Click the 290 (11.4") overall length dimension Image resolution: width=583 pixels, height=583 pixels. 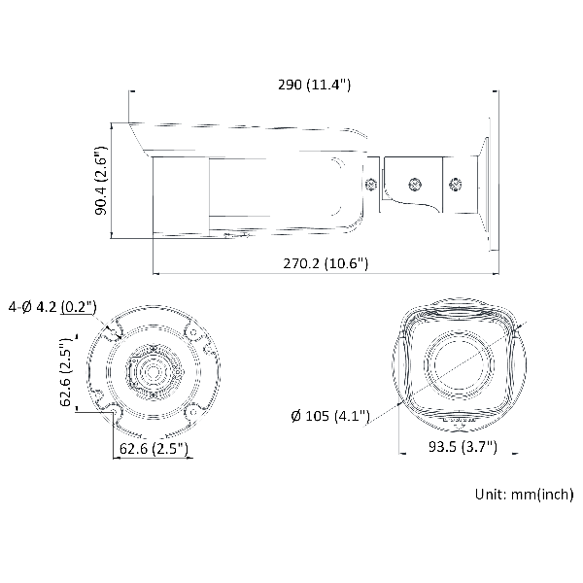(314, 85)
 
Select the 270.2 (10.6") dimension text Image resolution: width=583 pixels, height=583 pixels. (326, 263)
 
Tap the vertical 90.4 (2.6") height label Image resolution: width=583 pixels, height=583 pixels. (101, 181)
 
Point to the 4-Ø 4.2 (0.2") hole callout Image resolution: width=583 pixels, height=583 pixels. (52, 307)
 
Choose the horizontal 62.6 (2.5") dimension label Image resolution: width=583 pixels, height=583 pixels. (154, 448)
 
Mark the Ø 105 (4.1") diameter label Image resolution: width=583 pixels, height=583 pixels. (330, 416)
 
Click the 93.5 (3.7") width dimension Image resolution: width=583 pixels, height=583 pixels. (463, 446)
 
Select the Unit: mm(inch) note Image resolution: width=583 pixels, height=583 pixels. (525, 495)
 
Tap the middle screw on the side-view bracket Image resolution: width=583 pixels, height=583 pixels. (415, 184)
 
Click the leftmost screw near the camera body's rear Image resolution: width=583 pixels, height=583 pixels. (371, 184)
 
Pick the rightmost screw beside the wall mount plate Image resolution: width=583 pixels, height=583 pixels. (455, 185)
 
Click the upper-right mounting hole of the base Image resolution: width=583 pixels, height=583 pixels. (192, 332)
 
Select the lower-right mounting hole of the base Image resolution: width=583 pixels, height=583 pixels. (192, 412)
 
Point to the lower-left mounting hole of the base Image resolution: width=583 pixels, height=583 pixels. (114, 412)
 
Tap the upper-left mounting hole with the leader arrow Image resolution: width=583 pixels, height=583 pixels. (113, 332)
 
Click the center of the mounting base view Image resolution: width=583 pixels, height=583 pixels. (153, 372)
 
